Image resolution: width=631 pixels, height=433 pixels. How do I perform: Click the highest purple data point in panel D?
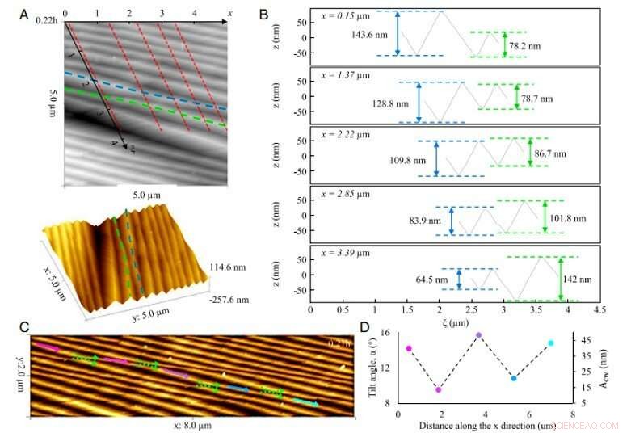point(479,334)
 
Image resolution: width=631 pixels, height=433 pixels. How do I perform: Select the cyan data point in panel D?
point(551,343)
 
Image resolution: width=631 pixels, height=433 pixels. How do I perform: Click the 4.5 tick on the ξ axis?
point(599,309)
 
